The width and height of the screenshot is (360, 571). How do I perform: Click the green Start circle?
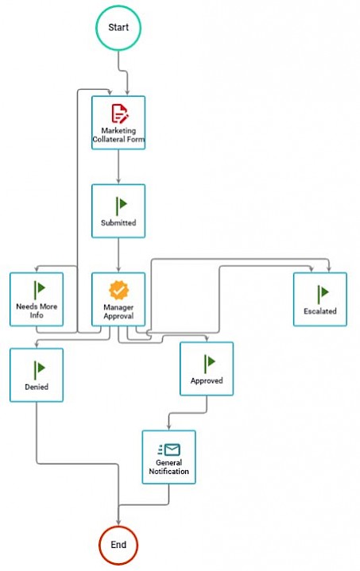(x=118, y=28)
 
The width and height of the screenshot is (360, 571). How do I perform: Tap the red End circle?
(x=118, y=545)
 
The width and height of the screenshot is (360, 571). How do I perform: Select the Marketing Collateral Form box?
(x=118, y=123)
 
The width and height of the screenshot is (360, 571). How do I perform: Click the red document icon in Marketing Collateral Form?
(x=119, y=114)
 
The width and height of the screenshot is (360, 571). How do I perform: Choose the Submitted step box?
(x=118, y=211)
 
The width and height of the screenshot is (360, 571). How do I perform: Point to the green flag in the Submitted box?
(x=121, y=206)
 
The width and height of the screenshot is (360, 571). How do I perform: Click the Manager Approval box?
(x=118, y=299)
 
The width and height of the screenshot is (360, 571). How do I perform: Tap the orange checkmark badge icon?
(x=118, y=290)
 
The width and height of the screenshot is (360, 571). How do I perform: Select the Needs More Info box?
(x=37, y=299)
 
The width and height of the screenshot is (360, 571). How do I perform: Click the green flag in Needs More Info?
(x=40, y=290)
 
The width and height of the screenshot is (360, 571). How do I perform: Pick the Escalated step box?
(x=320, y=299)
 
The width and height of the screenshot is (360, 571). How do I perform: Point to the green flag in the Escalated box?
(x=323, y=295)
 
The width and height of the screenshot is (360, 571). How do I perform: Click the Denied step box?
(x=37, y=375)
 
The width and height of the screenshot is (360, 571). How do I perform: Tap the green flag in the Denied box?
(x=40, y=370)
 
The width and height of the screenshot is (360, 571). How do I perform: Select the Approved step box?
(x=207, y=368)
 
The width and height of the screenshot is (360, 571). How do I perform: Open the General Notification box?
(x=168, y=457)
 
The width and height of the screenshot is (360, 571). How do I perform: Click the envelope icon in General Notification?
(x=169, y=449)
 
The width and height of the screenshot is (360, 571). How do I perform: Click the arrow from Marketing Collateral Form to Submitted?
(x=118, y=167)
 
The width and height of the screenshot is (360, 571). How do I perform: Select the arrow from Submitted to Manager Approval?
(x=118, y=255)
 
